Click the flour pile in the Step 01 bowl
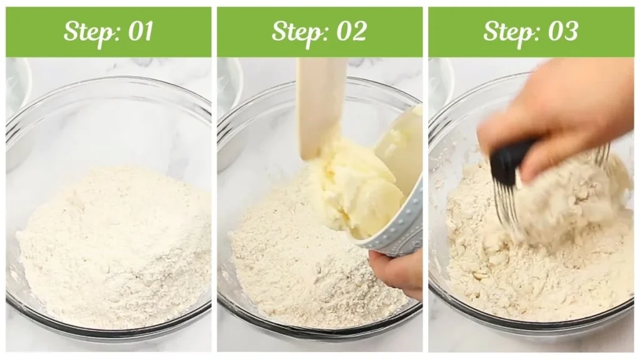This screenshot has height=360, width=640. click(112, 250)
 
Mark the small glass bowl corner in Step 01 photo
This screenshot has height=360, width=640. click(17, 87)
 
